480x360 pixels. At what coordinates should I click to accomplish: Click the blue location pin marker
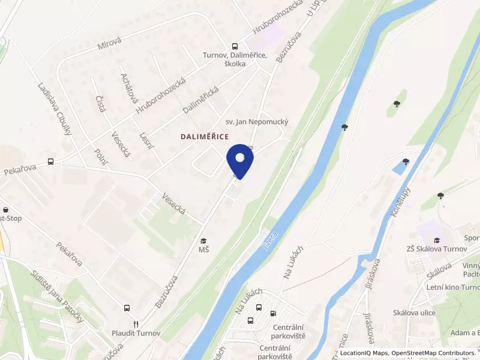[x=240, y=160]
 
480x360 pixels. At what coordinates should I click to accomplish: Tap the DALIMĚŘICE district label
[x=205, y=137]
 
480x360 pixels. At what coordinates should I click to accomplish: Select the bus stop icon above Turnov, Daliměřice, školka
[x=235, y=46]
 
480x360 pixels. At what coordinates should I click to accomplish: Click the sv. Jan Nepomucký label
[x=257, y=122]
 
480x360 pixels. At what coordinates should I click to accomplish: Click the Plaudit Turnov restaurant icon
[x=136, y=322]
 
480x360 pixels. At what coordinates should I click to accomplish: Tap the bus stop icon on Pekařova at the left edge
[x=51, y=161]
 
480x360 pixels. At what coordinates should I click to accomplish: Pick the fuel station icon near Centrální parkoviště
[x=274, y=312]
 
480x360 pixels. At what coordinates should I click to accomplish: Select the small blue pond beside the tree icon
[x=398, y=167]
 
